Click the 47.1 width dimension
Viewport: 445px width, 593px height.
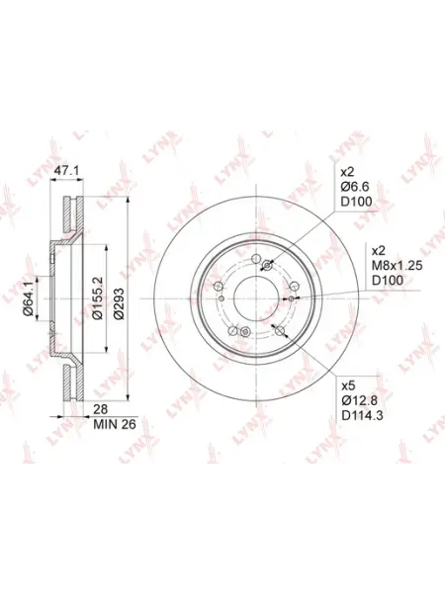(66, 171)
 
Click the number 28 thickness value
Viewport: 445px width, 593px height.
(101, 409)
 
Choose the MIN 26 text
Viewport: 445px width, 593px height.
(115, 424)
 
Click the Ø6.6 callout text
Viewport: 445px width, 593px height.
(355, 187)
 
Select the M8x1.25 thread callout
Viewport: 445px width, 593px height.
(397, 266)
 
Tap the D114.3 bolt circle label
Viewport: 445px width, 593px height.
(362, 416)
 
